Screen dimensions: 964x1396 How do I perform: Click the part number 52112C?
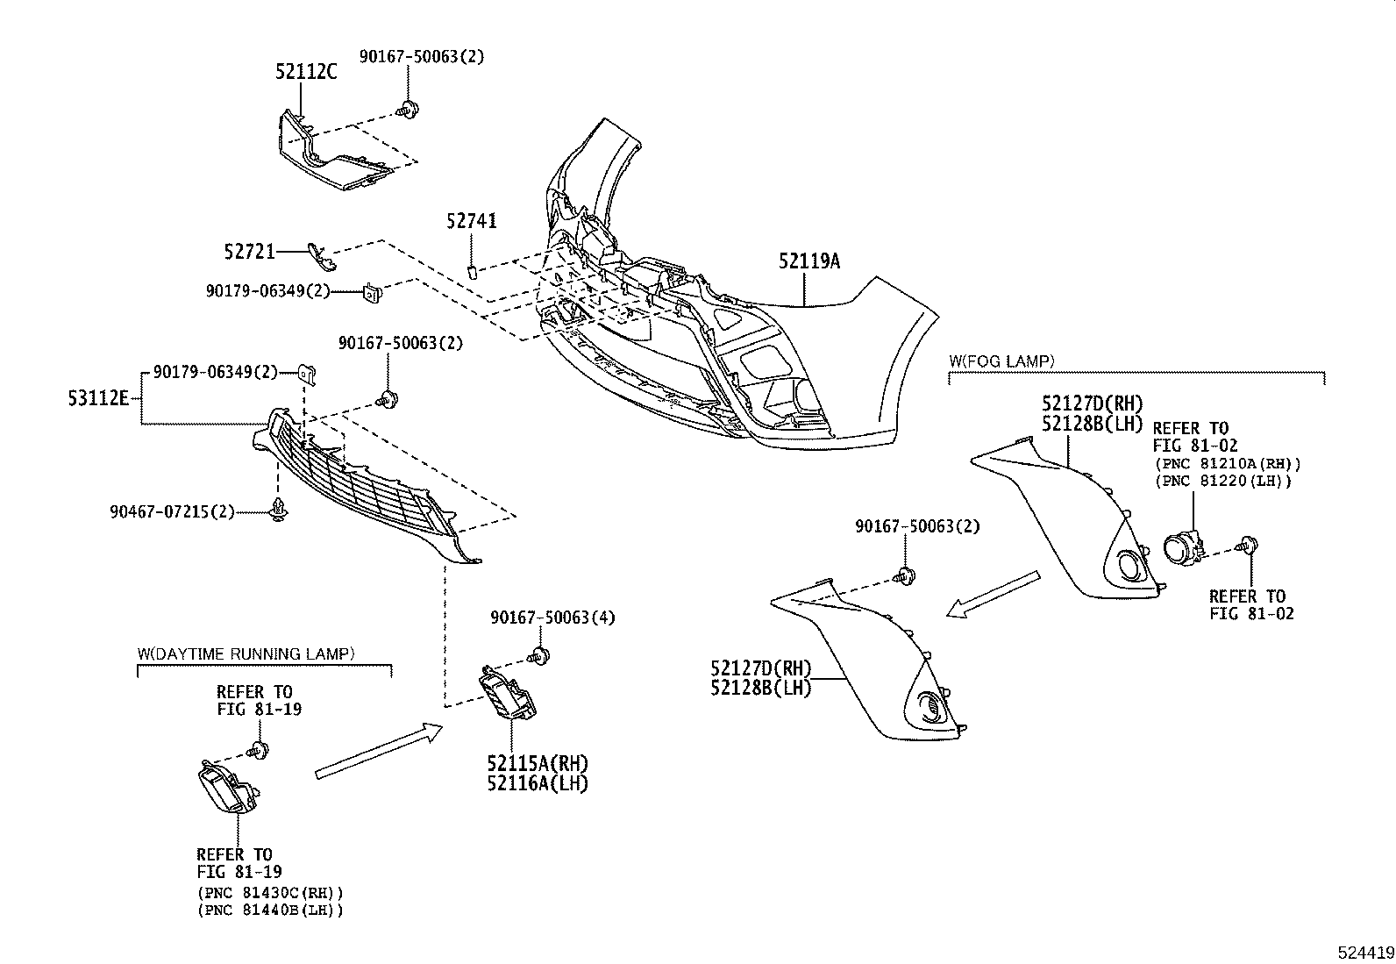pyautogui.click(x=305, y=73)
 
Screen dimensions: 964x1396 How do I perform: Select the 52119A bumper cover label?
pyautogui.click(x=808, y=261)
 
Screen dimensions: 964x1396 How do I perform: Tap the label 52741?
pyautogui.click(x=471, y=221)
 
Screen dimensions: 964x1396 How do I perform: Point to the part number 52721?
pyautogui.click(x=250, y=253)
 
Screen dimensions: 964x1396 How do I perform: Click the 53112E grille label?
pyautogui.click(x=98, y=399)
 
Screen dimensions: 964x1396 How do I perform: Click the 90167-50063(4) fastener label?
pyautogui.click(x=552, y=618)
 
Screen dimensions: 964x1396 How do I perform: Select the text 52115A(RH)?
pyautogui.click(x=538, y=763)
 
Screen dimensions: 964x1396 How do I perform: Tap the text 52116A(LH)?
pyautogui.click(x=538, y=783)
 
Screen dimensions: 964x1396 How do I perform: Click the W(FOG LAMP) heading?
pyautogui.click(x=1001, y=361)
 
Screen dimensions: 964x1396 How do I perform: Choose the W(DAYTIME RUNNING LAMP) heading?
pyautogui.click(x=246, y=653)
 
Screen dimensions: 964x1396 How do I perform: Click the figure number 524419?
pyautogui.click(x=1364, y=952)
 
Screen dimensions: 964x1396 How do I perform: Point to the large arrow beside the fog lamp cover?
pyautogui.click(x=993, y=595)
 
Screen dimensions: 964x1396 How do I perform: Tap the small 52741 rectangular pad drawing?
pyautogui.click(x=471, y=269)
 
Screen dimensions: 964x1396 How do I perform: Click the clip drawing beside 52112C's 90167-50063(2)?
pyautogui.click(x=406, y=111)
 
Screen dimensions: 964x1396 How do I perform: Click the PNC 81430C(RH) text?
pyautogui.click(x=270, y=893)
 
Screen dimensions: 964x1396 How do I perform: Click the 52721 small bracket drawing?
pyautogui.click(x=322, y=255)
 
